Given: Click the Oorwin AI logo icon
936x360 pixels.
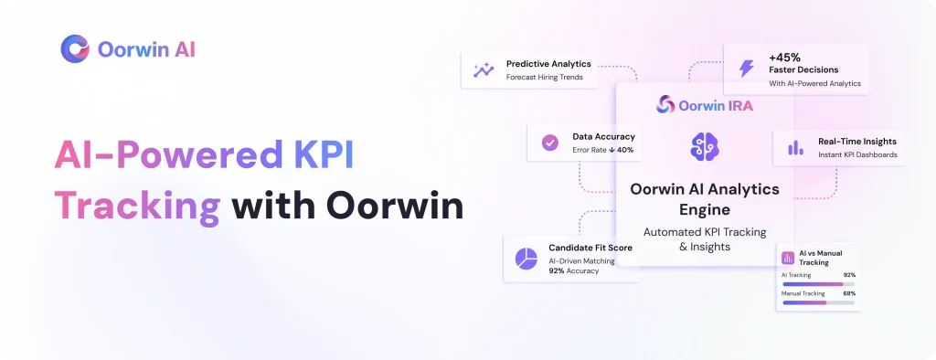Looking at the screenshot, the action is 75,49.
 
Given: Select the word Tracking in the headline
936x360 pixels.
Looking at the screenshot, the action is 137,207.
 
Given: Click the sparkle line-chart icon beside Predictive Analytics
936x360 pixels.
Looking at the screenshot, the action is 484,69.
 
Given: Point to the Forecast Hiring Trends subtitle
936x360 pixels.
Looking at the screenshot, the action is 544,77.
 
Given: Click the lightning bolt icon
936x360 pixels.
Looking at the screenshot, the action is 746,69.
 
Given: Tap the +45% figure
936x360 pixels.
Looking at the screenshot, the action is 785,58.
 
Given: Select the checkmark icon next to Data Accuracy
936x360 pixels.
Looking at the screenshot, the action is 549,143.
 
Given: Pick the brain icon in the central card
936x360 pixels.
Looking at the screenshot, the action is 705,146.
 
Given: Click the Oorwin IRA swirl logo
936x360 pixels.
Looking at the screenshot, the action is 665,105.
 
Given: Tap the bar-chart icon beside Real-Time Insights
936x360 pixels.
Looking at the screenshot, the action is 796,148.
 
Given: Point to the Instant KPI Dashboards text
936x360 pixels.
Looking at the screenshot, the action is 857,154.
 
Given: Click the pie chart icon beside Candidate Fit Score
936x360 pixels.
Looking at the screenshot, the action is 526,259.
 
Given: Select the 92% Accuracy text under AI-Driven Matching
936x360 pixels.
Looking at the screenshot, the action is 574,270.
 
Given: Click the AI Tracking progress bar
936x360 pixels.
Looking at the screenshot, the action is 818,284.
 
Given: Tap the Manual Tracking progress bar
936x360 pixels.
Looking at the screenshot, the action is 818,302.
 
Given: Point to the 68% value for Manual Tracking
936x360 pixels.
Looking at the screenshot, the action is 849,293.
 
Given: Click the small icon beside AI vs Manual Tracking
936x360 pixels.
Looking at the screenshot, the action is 788,258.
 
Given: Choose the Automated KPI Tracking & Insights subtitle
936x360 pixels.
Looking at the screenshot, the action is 705,238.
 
